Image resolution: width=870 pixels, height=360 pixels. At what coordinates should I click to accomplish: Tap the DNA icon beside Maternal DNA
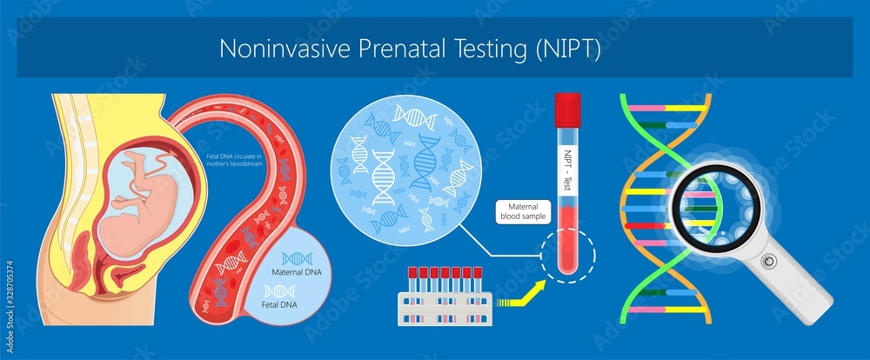(298, 258)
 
